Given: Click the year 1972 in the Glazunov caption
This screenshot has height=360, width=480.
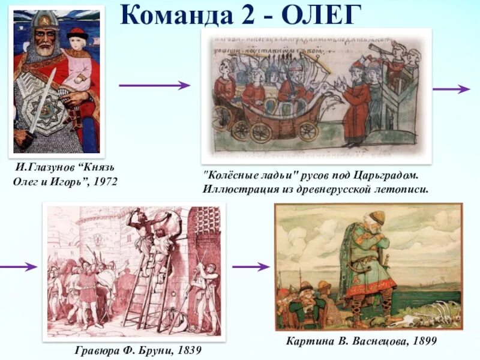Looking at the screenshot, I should (101, 180).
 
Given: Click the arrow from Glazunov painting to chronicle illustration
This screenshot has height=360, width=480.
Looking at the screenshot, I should (154, 85).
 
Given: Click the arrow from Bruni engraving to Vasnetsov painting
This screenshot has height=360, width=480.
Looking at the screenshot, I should (250, 266).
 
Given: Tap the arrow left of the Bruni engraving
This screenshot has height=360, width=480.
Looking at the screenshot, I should (18, 266).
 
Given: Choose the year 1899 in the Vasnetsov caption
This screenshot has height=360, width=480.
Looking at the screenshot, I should (421, 341).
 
